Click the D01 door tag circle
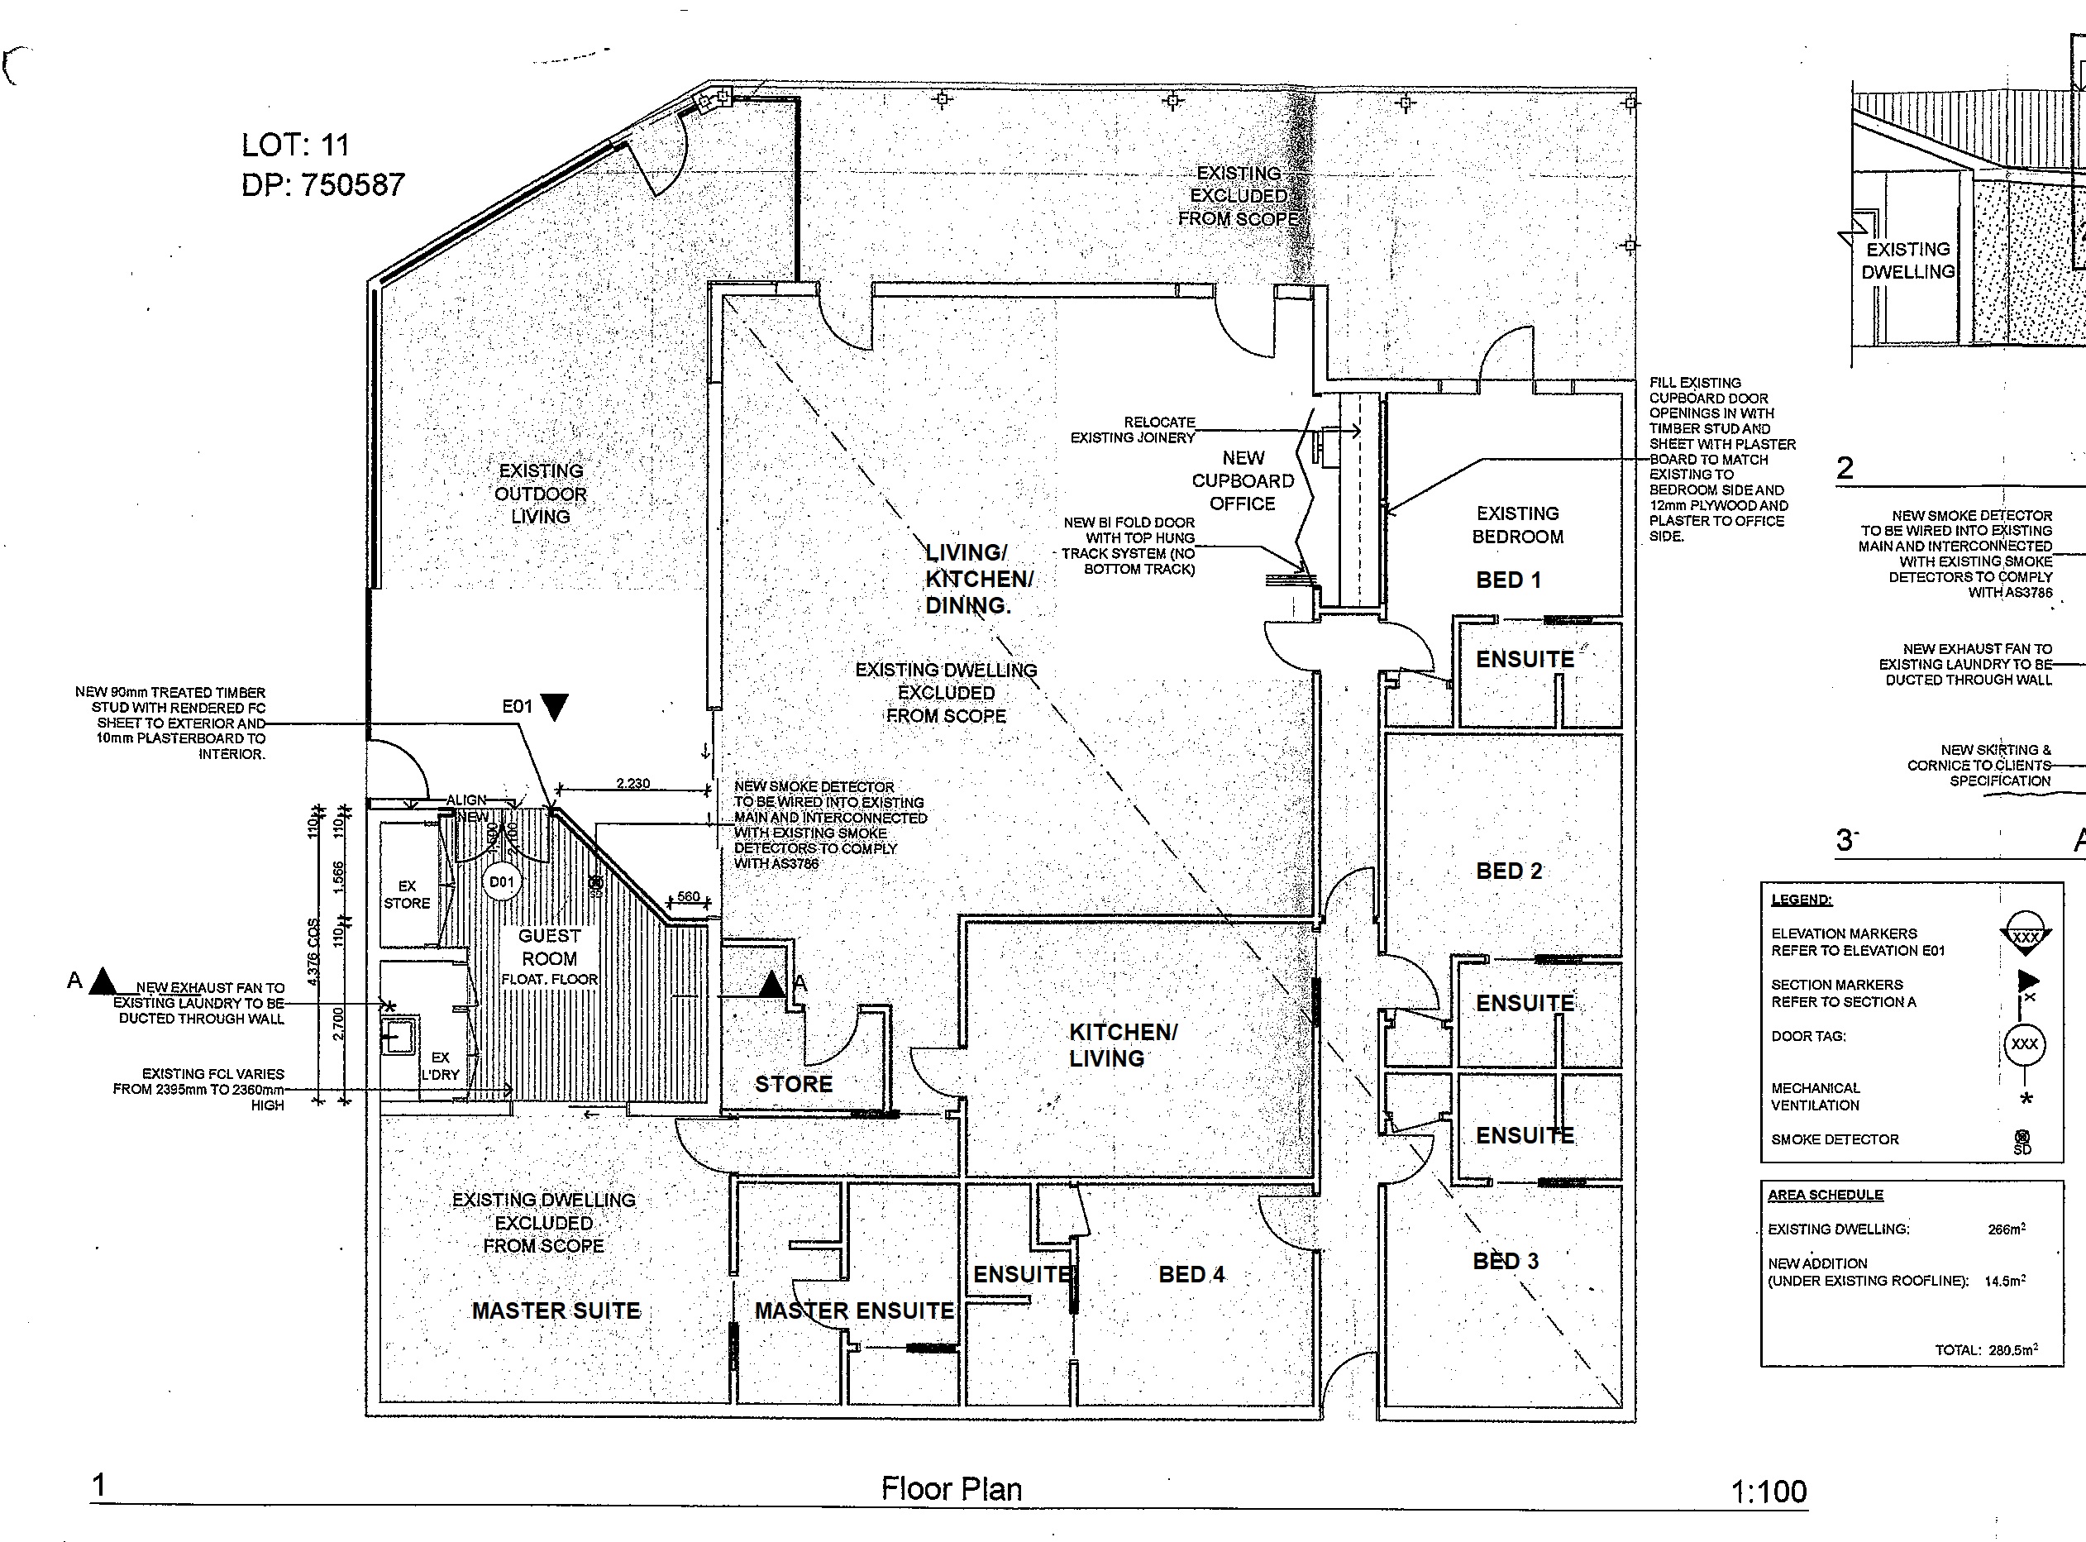pos(501,882)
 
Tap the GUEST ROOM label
pos(549,947)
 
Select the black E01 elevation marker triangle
pos(555,707)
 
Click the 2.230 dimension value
pos(632,783)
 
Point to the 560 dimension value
pos(688,896)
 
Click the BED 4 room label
pos(1191,1274)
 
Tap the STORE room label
pos(794,1084)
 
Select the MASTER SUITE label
pos(556,1310)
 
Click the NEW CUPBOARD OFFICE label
pos(1243,480)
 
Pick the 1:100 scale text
pos(1769,1492)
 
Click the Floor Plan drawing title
pos(951,1489)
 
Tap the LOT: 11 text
pos(295,145)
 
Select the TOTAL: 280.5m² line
pos(1986,1349)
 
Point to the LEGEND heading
pos(1802,900)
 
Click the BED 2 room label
pos(1508,871)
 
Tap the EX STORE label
pos(407,895)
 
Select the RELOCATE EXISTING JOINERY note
pos(1133,429)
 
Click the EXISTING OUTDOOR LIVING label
pos(541,494)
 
